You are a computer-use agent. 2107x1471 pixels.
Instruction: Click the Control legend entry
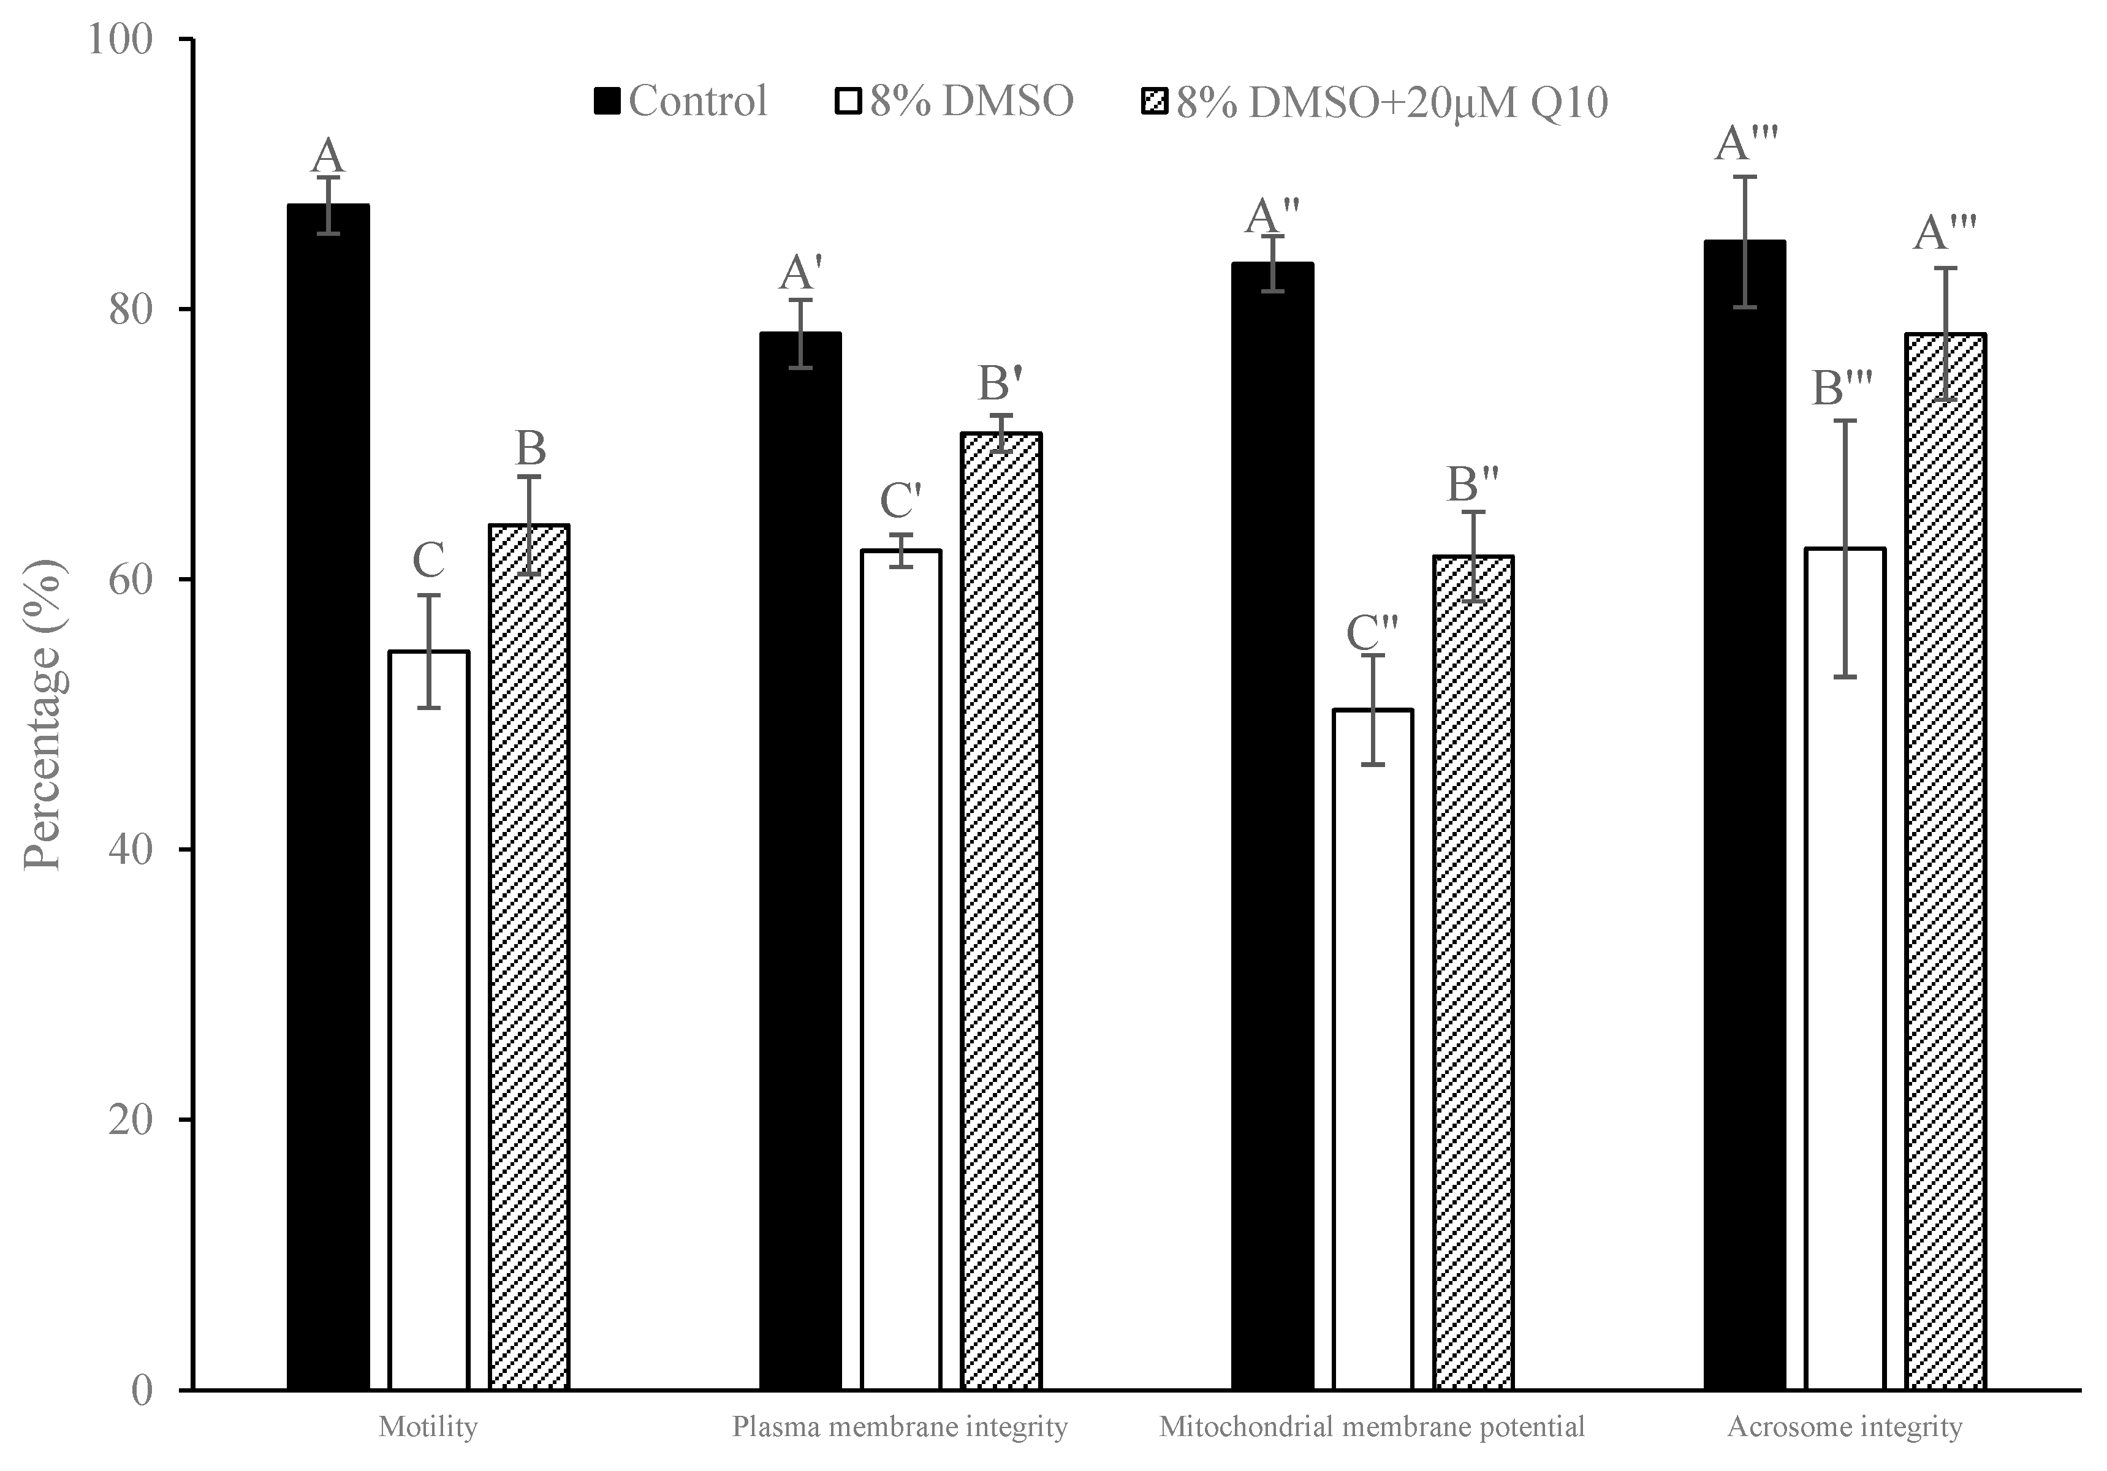(681, 101)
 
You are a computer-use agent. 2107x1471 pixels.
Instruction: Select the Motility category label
(428, 1427)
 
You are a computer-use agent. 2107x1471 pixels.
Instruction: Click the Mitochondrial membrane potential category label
(1372, 1427)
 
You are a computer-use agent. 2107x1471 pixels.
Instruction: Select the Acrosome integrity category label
(1845, 1427)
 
